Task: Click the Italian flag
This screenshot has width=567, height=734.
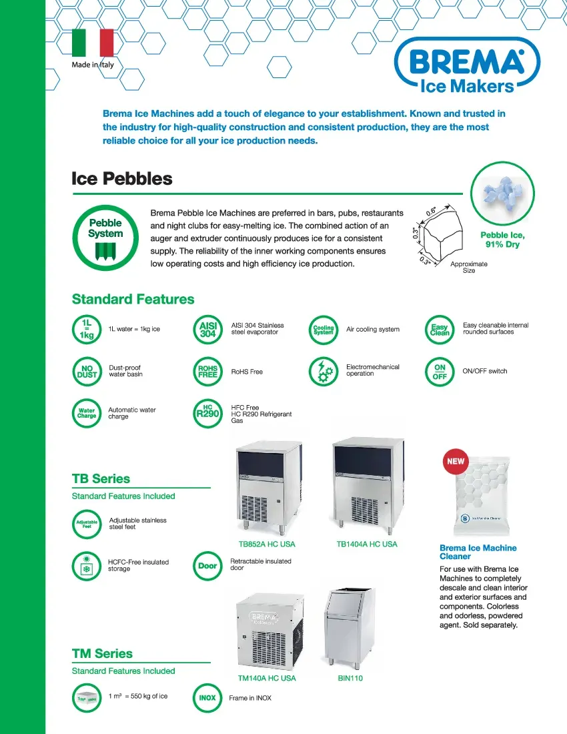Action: pyautogui.click(x=92, y=43)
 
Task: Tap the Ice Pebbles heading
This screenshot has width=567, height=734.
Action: pyautogui.click(x=122, y=179)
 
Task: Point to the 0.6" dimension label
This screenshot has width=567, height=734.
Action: pyautogui.click(x=432, y=212)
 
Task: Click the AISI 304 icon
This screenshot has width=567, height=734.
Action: pyautogui.click(x=208, y=330)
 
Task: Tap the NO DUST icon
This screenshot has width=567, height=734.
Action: pyautogui.click(x=87, y=372)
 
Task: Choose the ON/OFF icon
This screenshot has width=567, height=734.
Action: pyautogui.click(x=440, y=372)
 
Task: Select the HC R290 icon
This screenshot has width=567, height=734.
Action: pyautogui.click(x=207, y=412)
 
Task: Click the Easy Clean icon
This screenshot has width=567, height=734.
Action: pyautogui.click(x=440, y=330)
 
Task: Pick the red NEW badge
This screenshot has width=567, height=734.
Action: pyautogui.click(x=456, y=461)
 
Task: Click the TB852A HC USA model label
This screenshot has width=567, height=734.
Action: pyautogui.click(x=267, y=544)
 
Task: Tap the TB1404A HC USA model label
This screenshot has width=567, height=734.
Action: pyautogui.click(x=367, y=544)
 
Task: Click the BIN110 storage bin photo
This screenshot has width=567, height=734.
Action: pyautogui.click(x=350, y=627)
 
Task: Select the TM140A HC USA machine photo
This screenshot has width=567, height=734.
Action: pyautogui.click(x=267, y=631)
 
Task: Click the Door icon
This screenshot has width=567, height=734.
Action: pyautogui.click(x=207, y=566)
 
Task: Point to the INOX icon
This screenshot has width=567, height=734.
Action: pyautogui.click(x=207, y=698)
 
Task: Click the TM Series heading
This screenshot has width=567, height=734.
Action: pyautogui.click(x=102, y=654)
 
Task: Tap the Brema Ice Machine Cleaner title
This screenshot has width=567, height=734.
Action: pyautogui.click(x=478, y=552)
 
